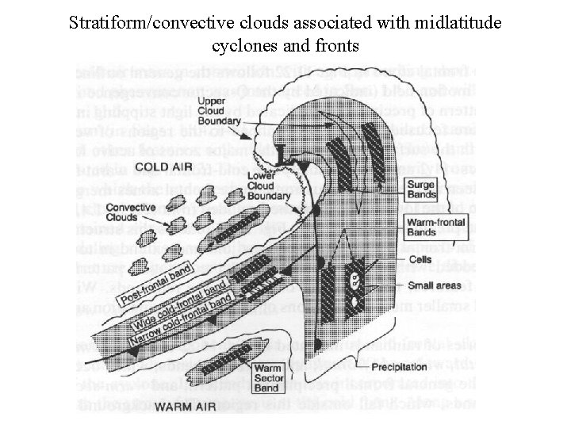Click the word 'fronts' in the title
pyautogui.click(x=337, y=46)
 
